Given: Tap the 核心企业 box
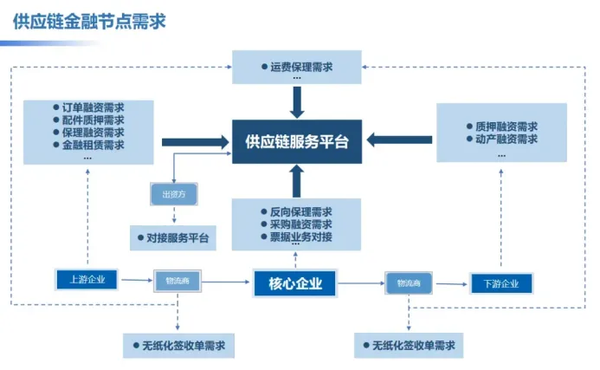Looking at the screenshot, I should coord(295,283).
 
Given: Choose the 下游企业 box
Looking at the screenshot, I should coord(500,283).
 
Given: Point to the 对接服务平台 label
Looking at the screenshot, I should coord(178,237).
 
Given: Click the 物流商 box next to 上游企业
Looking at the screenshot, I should coord(177,279).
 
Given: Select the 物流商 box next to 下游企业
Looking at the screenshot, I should coord(409,282).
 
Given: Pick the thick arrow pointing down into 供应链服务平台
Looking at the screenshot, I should coord(297,101).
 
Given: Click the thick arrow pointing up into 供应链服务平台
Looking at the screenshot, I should coord(297,180).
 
